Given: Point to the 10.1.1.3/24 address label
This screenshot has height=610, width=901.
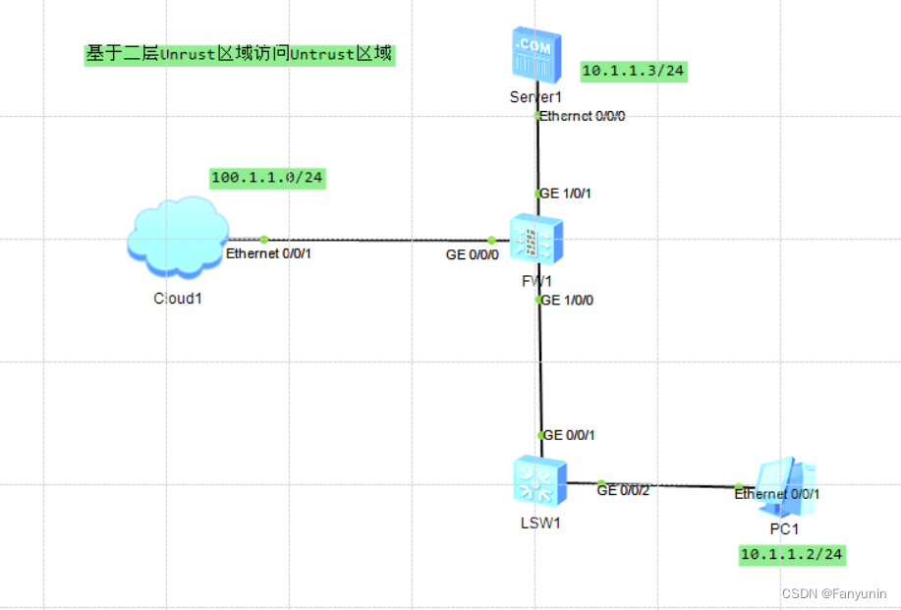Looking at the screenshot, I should coord(633,71).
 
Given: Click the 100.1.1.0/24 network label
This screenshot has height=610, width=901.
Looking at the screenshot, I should coord(267,178).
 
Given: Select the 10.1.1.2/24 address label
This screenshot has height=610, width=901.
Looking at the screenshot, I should coord(791,555).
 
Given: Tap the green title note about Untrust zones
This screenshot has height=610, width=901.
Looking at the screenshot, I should coord(239,54).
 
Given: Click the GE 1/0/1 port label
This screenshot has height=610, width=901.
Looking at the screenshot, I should coord(566,194).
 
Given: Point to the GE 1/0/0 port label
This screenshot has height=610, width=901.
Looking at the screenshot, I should coord(567,300).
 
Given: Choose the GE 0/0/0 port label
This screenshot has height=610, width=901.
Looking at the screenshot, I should coord(473,254).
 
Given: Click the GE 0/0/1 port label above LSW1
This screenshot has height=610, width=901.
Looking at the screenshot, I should coord(570,434).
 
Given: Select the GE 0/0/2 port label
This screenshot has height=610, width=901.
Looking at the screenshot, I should coord(623,491).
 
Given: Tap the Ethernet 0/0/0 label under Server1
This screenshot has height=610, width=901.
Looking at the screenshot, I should coord(583,116).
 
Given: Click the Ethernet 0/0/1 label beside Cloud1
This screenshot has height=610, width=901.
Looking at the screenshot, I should coord(275,254).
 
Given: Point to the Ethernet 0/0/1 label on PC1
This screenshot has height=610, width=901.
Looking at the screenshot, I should coord(777,494).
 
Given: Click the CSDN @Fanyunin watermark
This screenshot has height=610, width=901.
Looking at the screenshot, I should coord(833,593).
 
